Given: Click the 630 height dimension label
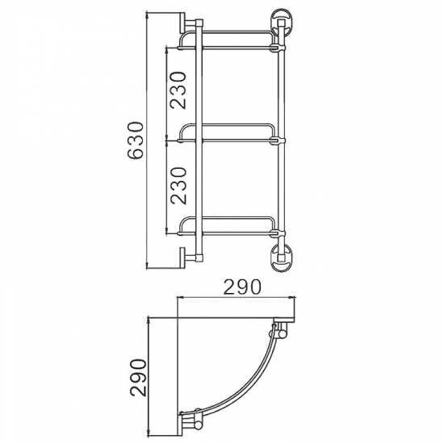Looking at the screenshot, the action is coord(135,140).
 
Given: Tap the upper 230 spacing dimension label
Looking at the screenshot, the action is coord(178,90).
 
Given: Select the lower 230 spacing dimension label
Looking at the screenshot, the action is coord(178,186).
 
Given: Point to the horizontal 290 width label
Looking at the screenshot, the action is coord(241,287).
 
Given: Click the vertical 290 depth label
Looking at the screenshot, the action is coord(139,378).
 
